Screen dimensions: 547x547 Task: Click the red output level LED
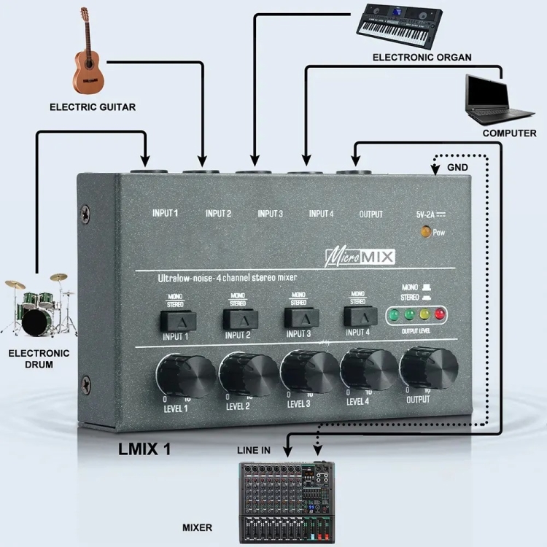coord(440,315)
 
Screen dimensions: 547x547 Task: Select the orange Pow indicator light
coord(424,233)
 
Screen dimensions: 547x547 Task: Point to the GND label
coord(458,168)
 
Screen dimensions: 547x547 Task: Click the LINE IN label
coord(252,451)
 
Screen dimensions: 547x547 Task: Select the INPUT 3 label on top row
coord(270,214)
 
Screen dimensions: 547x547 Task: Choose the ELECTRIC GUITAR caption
coord(93,107)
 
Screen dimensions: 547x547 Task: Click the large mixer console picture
coord(287,501)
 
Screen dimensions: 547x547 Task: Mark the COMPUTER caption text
coord(509,134)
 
